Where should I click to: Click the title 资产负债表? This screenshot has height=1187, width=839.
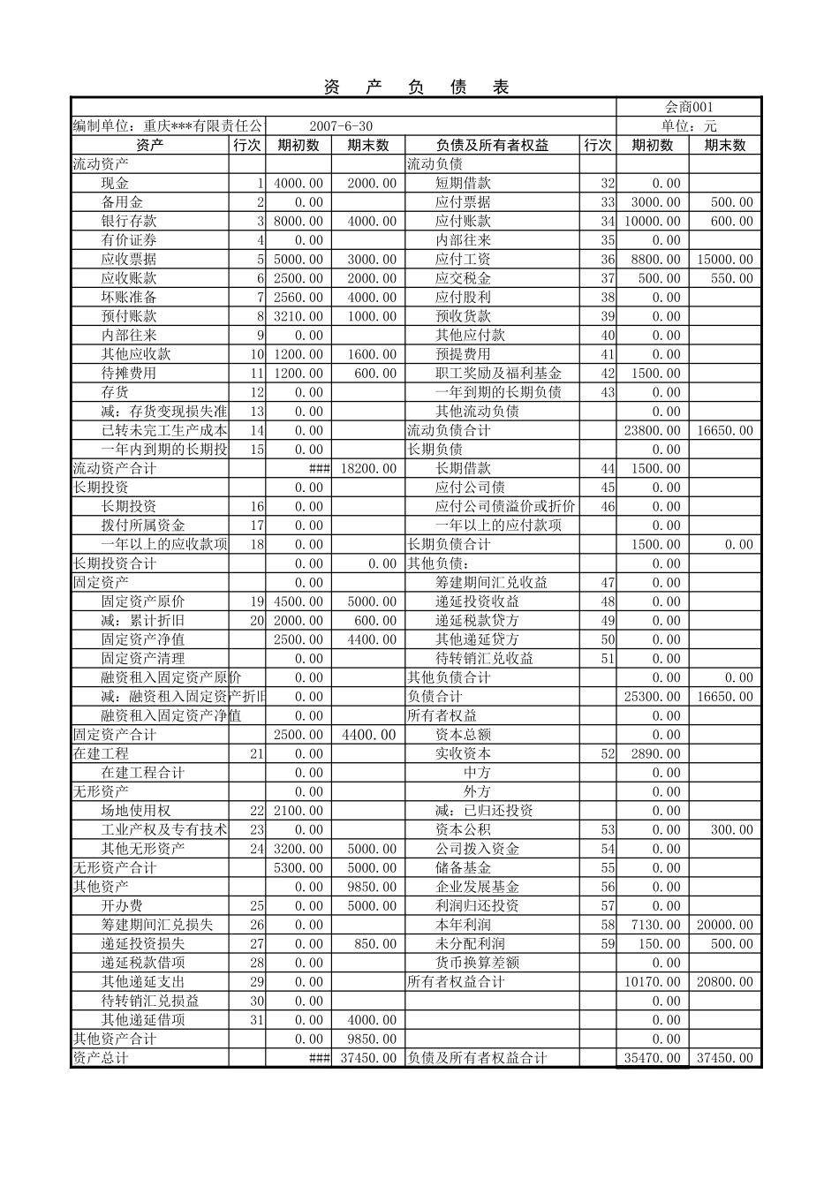(416, 87)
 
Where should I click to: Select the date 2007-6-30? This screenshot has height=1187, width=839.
(341, 126)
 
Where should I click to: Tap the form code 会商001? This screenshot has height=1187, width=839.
(688, 107)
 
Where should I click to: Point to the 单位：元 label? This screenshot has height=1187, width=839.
(688, 126)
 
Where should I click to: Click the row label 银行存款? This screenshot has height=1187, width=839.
(129, 221)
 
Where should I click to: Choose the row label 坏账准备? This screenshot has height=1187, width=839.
(129, 297)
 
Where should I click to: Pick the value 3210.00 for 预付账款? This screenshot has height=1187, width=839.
(299, 316)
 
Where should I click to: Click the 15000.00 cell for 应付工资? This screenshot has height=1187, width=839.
(724, 259)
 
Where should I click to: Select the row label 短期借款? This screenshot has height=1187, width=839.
(463, 183)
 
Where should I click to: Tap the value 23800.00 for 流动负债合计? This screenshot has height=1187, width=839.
(653, 430)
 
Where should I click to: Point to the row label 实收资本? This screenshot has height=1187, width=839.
(463, 753)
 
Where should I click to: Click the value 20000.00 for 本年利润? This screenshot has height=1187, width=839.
(724, 925)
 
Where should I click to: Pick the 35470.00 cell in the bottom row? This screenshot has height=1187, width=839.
(653, 1058)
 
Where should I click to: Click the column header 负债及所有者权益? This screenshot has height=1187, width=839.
(492, 145)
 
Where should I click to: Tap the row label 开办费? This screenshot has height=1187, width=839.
(122, 905)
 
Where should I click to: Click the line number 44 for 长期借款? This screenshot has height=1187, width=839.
(608, 468)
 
